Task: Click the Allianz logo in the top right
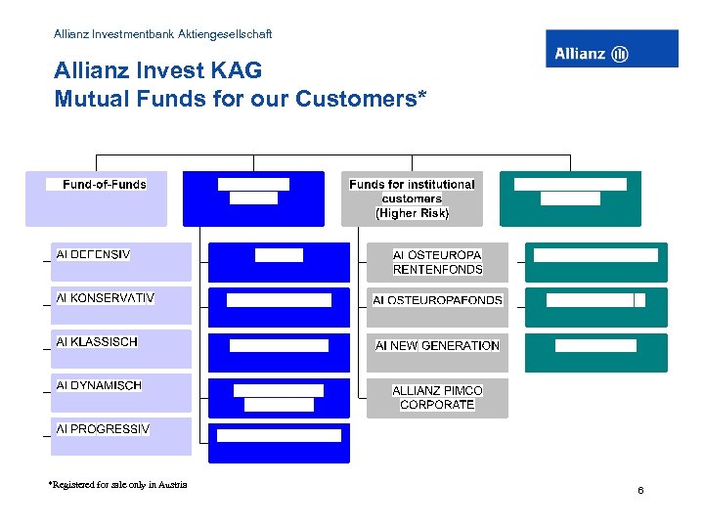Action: point(611,49)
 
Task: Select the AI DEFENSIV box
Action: point(121,261)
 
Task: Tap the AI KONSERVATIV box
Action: point(121,305)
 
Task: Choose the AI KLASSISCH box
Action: point(121,349)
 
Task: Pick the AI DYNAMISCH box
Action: point(121,392)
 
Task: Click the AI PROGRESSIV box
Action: point(121,435)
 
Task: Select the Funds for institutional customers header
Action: point(412,198)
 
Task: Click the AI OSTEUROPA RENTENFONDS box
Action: point(437,262)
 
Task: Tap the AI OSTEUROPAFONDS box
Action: point(437,300)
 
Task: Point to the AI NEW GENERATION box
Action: point(437,345)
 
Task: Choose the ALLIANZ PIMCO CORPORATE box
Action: point(437,397)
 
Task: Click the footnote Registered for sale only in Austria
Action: point(117,484)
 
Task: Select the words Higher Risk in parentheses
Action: point(412,213)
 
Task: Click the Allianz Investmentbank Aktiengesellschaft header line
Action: point(163,34)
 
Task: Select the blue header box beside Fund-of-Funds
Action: point(253,198)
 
